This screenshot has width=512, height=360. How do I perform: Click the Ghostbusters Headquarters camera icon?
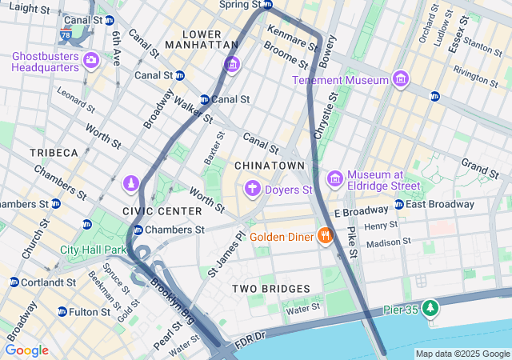click(90, 60)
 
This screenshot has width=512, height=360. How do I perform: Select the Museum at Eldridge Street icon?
click(335, 178)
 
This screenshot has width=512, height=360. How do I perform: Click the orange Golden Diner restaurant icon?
click(324, 236)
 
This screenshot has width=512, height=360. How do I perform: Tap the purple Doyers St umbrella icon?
click(253, 189)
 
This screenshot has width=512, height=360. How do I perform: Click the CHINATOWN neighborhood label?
click(270, 165)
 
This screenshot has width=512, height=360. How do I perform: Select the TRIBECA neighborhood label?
click(54, 152)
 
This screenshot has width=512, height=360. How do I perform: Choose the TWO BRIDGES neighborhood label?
click(271, 288)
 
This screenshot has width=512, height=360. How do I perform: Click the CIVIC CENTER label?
click(162, 210)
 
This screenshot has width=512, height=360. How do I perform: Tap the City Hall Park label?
click(94, 250)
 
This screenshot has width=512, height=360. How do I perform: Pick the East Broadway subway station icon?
click(398, 204)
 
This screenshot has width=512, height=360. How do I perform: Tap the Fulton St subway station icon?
click(62, 312)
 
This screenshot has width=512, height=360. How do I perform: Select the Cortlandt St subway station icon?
click(14, 282)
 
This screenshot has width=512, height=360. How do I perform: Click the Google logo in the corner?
click(26, 350)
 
